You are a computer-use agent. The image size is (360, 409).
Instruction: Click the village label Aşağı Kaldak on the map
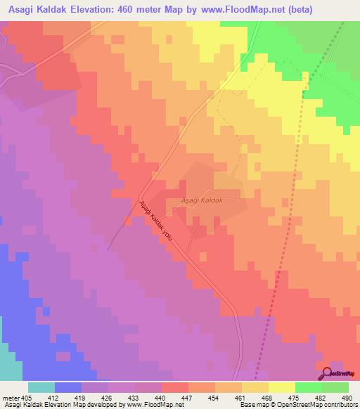(202, 200)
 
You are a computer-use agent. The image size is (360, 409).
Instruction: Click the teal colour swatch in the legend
(41, 387)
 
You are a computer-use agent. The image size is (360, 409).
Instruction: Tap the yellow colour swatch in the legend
(282, 387)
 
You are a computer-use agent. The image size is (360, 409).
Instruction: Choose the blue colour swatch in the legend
(68, 387)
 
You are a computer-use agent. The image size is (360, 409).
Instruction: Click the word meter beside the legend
(11, 397)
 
